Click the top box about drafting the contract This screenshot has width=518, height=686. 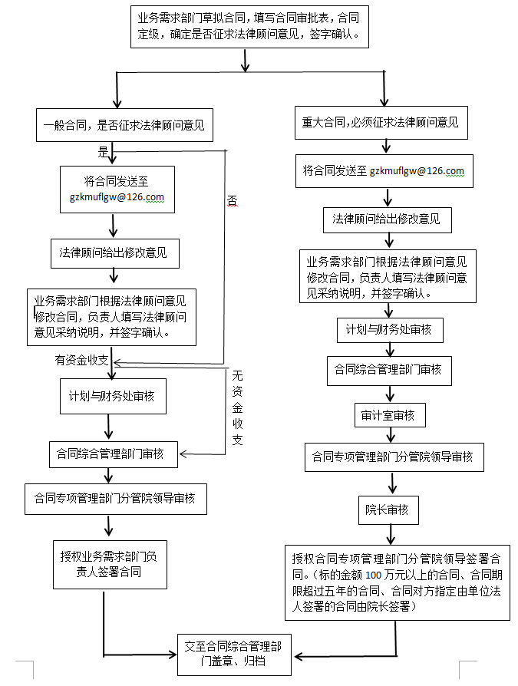coord(249,27)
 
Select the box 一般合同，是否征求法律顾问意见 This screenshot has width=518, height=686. coord(124,125)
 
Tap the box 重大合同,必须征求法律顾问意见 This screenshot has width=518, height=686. coord(381,123)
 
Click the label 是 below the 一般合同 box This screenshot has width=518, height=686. coord(103,152)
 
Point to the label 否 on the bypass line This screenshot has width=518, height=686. coord(232,201)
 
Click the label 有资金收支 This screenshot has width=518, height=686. coord(81,360)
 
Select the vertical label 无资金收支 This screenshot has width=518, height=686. coord(237,407)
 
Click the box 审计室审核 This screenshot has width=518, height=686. coord(390,415)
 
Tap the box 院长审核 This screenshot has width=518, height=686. coord(388,510)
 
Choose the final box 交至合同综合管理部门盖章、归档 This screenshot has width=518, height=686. coord(234,655)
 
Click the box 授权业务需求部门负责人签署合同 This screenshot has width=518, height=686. coord(110,564)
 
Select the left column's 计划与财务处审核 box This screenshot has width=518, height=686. coord(113,397)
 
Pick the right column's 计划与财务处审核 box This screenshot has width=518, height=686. coord(391,330)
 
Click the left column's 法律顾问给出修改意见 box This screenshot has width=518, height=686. coord(115,253)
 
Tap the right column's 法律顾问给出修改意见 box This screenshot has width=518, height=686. coord(388,220)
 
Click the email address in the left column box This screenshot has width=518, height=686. coord(117,197)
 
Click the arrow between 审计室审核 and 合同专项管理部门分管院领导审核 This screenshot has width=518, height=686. coord(391,435)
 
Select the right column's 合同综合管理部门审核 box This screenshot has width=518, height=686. coord(389,371)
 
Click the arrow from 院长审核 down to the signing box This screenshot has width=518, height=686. coord(391,534)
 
